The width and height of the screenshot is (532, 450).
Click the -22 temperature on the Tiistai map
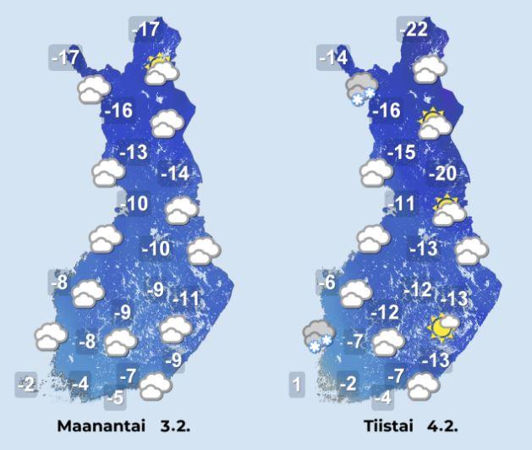click(x=414, y=29)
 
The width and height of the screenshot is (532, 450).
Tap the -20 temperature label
click(x=445, y=174)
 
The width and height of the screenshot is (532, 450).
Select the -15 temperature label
click(x=402, y=153)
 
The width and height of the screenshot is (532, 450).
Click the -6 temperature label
click(x=328, y=283)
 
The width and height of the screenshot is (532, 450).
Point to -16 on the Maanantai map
click(x=118, y=111)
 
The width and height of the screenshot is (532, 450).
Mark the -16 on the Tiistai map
click(x=387, y=111)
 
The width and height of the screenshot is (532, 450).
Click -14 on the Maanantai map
click(x=177, y=173)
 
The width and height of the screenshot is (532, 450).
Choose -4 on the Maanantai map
click(x=80, y=383)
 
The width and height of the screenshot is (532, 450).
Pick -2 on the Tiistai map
click(x=348, y=383)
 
